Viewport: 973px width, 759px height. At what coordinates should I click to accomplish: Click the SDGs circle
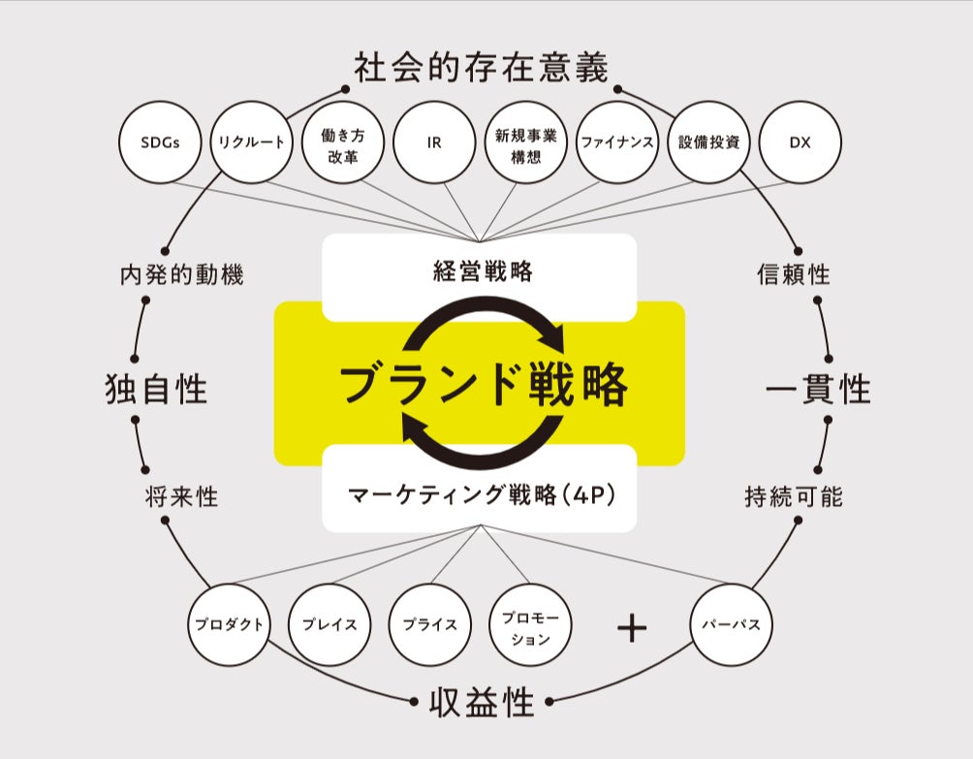[158, 142]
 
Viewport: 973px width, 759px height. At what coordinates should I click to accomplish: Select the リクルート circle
[250, 142]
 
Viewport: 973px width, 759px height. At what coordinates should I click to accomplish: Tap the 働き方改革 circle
[342, 142]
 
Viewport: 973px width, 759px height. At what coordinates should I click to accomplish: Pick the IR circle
[434, 142]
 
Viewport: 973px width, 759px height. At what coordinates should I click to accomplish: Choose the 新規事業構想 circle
[525, 142]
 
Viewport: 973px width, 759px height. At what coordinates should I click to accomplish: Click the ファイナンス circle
[617, 142]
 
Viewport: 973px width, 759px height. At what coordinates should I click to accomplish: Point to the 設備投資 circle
[709, 142]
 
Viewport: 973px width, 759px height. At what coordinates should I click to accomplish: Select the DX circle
[800, 142]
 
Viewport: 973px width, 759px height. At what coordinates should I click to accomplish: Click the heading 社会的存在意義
[481, 70]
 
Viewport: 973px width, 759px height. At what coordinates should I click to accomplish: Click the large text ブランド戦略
[483, 385]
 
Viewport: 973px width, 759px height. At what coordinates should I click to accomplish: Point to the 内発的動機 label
[182, 274]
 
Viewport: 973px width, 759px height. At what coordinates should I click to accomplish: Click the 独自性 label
[156, 389]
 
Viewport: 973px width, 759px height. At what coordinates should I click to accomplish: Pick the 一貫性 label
[818, 389]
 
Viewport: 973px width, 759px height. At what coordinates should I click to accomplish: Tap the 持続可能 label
[794, 497]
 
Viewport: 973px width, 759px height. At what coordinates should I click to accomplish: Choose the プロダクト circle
[228, 624]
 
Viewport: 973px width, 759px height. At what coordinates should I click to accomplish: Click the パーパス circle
[731, 624]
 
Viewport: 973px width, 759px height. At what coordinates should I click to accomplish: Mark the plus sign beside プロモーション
[631, 628]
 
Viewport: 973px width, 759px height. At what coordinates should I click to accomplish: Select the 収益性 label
[481, 703]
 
